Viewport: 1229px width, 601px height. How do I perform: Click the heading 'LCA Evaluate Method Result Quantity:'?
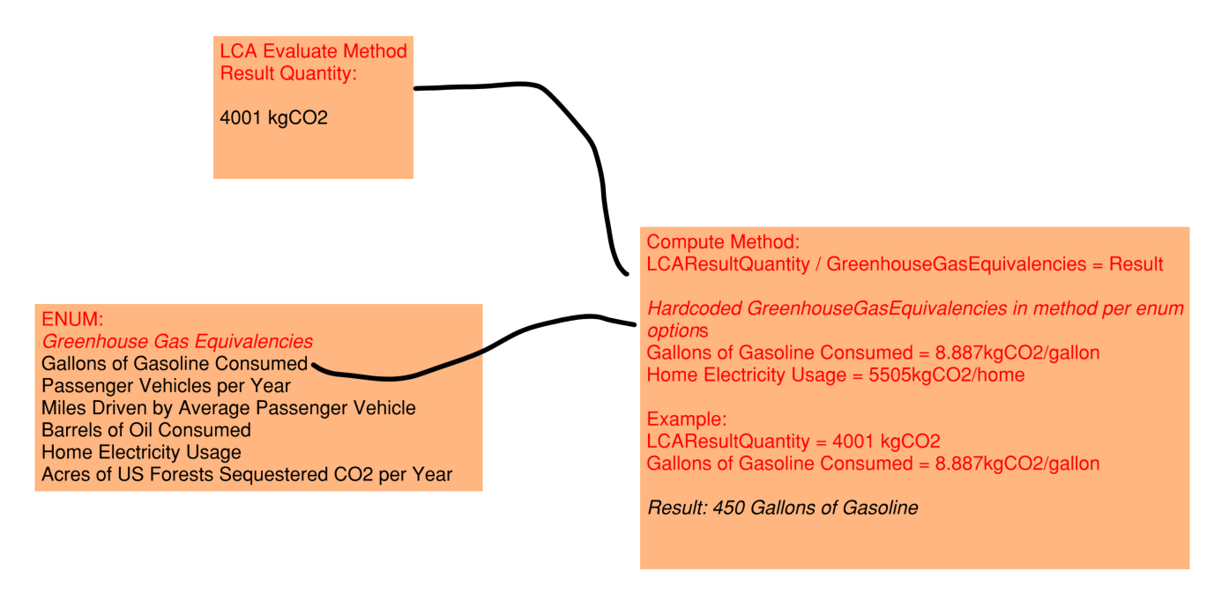click(x=313, y=62)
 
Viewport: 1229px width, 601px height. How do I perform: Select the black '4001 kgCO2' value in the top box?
click(x=273, y=117)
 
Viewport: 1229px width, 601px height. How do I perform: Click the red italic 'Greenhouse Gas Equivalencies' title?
click(x=177, y=341)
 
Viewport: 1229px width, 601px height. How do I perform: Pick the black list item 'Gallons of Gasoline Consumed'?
click(x=174, y=363)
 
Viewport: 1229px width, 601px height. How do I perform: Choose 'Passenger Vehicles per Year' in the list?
click(x=166, y=386)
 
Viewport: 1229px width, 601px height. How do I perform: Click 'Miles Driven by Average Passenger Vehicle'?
click(x=228, y=408)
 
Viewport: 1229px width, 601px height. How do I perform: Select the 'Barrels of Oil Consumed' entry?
click(x=146, y=430)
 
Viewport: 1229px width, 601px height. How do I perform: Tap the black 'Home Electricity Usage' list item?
click(x=141, y=452)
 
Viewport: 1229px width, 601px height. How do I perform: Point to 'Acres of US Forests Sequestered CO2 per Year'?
click(x=247, y=475)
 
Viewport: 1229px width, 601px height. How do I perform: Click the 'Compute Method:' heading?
click(x=723, y=241)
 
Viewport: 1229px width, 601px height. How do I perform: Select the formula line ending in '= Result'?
click(x=905, y=263)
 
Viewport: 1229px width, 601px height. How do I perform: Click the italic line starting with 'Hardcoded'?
click(x=915, y=308)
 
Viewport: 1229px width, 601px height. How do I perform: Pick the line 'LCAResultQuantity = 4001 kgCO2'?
click(x=793, y=441)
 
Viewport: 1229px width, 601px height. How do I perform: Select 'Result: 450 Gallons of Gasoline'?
click(x=783, y=508)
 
